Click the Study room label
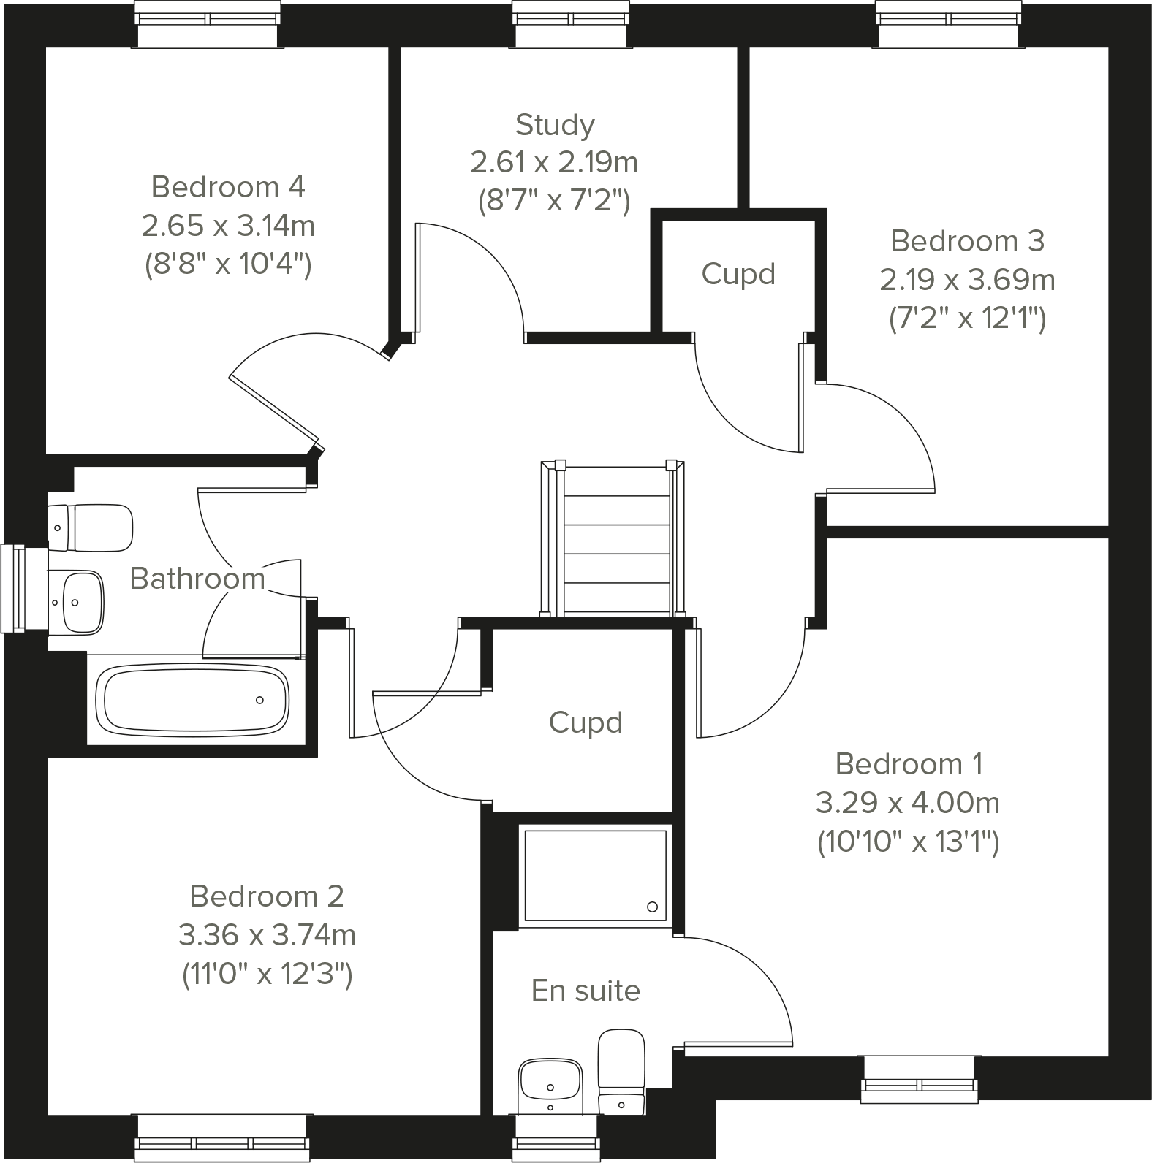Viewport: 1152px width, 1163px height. click(555, 125)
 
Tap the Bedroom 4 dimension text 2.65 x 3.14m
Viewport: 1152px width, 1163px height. click(228, 226)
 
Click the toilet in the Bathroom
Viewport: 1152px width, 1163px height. click(91, 527)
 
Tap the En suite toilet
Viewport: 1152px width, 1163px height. click(621, 1071)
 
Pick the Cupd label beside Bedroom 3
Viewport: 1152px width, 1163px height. click(738, 275)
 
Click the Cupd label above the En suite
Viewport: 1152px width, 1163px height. click(586, 722)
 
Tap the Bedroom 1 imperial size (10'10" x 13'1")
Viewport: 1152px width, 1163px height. click(908, 842)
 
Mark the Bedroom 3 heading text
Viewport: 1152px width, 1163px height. click(967, 241)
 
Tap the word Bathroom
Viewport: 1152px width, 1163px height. click(197, 579)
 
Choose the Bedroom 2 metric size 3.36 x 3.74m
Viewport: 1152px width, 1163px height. click(267, 934)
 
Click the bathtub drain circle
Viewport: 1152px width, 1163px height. click(259, 700)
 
